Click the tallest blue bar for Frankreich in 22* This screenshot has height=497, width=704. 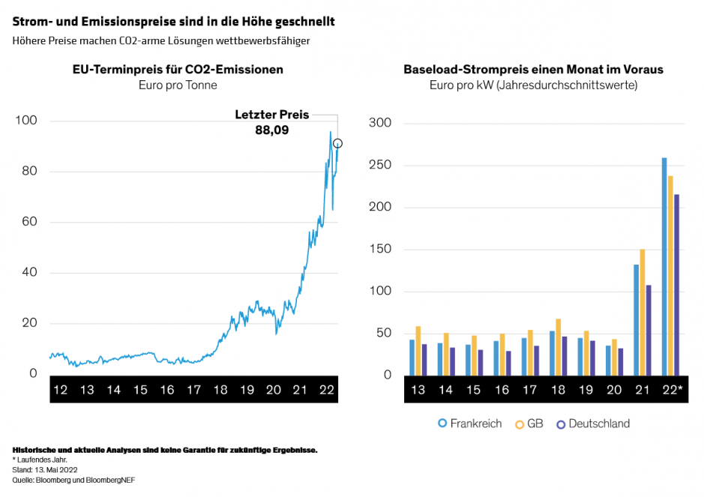click(x=664, y=266)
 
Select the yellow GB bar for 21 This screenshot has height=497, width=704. click(x=643, y=312)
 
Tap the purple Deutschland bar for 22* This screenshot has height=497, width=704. click(x=677, y=284)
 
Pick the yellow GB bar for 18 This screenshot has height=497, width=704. click(x=559, y=346)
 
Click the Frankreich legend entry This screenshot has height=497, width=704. click(x=469, y=424)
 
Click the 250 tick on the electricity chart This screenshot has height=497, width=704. click(x=380, y=166)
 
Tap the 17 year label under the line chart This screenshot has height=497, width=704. click(x=193, y=390)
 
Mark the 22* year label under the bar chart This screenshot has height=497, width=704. click(x=671, y=390)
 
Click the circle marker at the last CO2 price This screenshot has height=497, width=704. click(x=338, y=143)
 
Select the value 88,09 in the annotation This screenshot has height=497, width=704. click(x=272, y=130)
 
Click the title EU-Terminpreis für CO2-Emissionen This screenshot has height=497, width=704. click(x=178, y=70)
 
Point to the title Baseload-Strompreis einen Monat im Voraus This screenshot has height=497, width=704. click(x=533, y=70)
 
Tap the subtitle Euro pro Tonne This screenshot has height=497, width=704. click(x=178, y=85)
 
